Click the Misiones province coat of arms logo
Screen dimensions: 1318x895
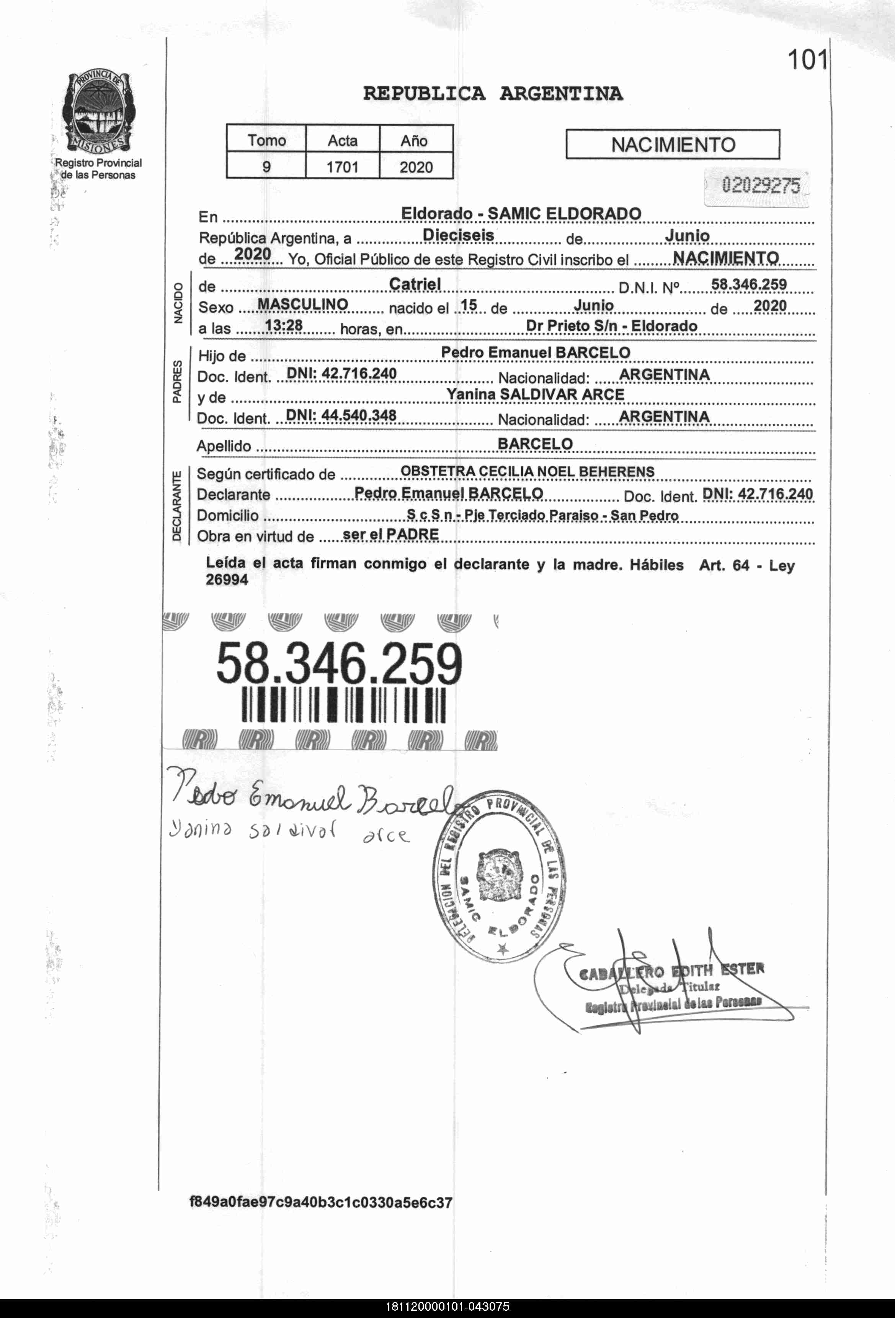pos(99,112)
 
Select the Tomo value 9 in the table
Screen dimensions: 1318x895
pos(266,167)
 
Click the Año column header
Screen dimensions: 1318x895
pos(415,140)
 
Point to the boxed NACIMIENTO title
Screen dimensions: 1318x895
pos(673,145)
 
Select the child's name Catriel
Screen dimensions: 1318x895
pos(415,284)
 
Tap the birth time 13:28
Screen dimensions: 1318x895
pos(284,325)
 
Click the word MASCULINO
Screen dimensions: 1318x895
pos(302,305)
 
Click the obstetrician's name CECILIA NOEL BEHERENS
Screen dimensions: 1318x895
pos(566,471)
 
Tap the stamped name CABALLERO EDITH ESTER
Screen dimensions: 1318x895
pos(671,972)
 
